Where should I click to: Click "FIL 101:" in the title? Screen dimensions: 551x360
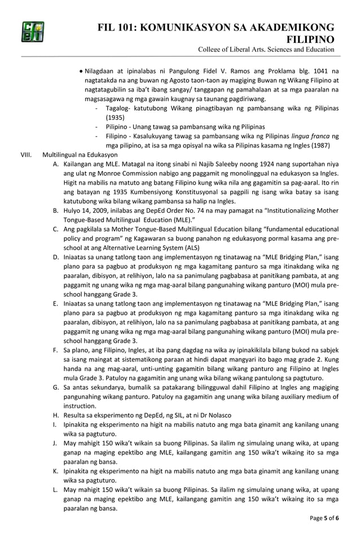[x=119, y=28]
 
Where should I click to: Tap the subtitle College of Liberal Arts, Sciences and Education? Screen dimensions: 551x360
[x=266, y=51]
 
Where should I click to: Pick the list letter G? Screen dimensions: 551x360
[x=56, y=387]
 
